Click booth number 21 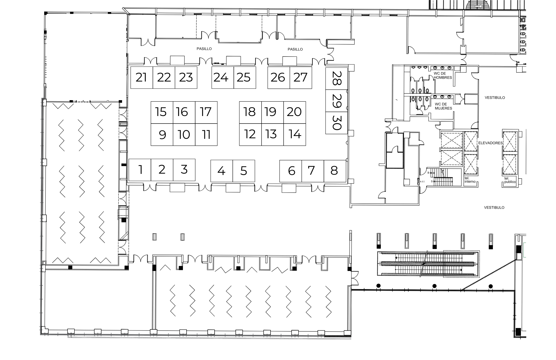142,78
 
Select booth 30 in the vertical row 337,123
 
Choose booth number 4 222,171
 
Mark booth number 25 245,78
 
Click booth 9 162,135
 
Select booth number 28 337,78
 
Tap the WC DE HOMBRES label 443,75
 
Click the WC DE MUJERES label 443,106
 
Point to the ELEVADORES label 490,143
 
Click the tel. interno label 470,180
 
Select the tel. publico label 510,180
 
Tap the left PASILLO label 204,49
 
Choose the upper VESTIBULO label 495,98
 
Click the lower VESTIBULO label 494,208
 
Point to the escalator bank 428,264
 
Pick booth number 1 140,170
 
